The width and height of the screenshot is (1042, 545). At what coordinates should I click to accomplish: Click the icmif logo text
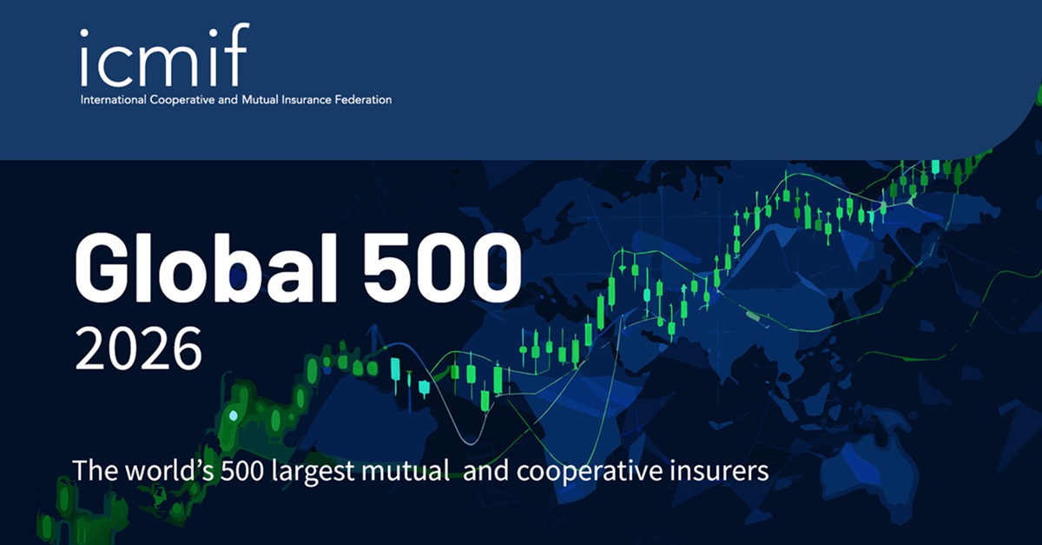pyautogui.click(x=165, y=55)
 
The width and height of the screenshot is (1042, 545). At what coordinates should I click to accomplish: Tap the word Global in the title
pyautogui.click(x=206, y=269)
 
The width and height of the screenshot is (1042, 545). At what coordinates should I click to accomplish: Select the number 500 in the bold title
pyautogui.click(x=442, y=269)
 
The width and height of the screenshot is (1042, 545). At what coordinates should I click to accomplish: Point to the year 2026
pyautogui.click(x=139, y=349)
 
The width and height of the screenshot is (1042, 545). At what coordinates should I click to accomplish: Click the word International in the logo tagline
pyautogui.click(x=113, y=100)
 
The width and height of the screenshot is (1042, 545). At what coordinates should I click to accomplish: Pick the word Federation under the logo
pyautogui.click(x=363, y=100)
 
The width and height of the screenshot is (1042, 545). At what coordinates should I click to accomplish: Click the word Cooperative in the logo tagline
pyautogui.click(x=181, y=101)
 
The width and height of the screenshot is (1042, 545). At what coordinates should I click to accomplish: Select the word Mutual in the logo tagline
pyautogui.click(x=260, y=100)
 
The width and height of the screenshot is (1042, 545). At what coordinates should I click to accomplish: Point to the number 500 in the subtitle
pyautogui.click(x=242, y=471)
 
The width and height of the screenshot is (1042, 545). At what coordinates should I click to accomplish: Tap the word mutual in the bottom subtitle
pyautogui.click(x=406, y=470)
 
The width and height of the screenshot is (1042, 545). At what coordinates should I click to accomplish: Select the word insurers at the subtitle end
pyautogui.click(x=719, y=471)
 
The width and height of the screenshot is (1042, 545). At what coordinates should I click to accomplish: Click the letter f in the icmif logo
pyautogui.click(x=239, y=54)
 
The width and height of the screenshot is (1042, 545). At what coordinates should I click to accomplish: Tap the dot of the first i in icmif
pyautogui.click(x=84, y=33)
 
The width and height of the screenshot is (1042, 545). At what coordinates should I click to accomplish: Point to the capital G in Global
pyautogui.click(x=100, y=269)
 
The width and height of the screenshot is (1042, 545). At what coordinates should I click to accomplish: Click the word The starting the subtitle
pyautogui.click(x=96, y=471)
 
